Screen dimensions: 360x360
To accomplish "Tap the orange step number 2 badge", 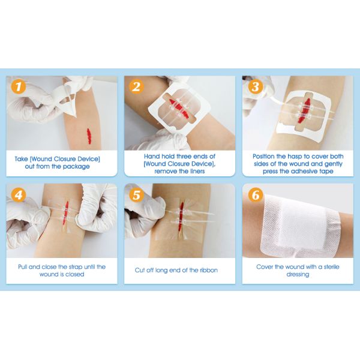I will (x=136, y=87).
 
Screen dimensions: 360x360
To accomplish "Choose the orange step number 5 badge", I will (x=136, y=195).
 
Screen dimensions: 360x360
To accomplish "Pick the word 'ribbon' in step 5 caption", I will (x=206, y=270).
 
